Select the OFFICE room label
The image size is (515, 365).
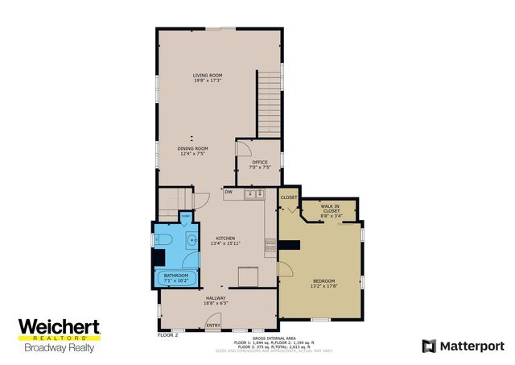point(259,164)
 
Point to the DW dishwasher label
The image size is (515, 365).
point(229,192)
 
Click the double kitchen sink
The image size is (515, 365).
point(254,193)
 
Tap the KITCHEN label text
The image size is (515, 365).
point(224,239)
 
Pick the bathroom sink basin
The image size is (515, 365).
point(192,240)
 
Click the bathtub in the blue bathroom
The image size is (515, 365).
point(175,279)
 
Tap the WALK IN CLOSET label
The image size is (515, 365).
point(331,212)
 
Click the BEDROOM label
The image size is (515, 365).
point(323,282)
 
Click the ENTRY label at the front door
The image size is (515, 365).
point(213,326)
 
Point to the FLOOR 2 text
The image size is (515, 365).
point(167,334)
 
